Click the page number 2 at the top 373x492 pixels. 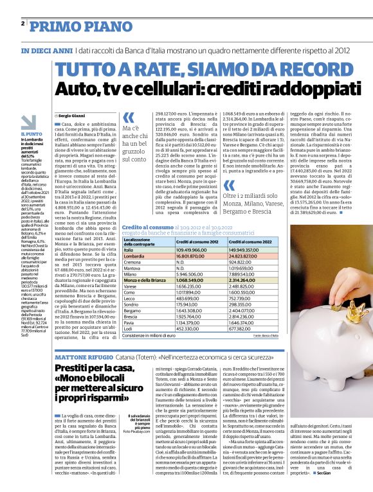tap(23, 24)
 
